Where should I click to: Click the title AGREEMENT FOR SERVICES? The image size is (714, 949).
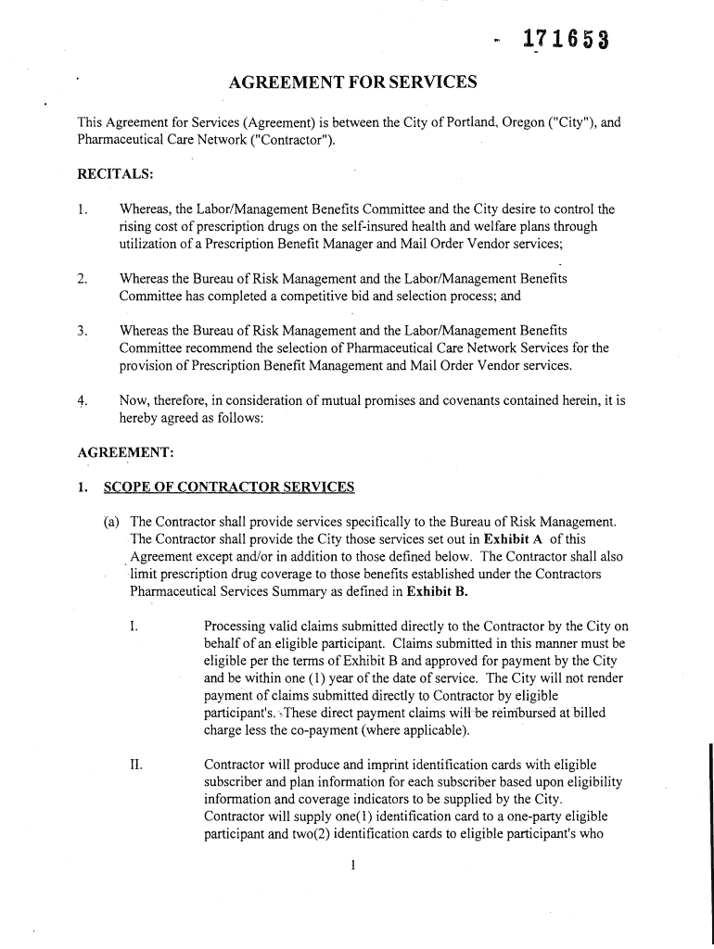352,83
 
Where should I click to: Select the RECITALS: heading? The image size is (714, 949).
114,173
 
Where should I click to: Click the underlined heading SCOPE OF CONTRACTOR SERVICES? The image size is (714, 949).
229,487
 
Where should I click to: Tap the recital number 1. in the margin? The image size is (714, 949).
83,209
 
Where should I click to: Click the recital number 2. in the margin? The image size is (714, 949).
83,278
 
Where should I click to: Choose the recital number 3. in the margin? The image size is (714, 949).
83,331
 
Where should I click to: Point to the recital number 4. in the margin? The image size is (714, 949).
83,400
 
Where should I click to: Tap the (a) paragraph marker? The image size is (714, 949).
111,523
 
